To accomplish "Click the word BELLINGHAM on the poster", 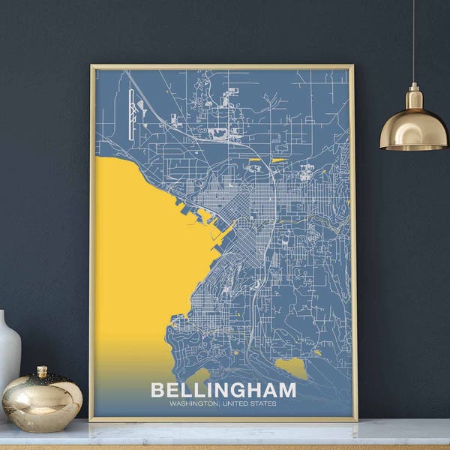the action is pos(223,390).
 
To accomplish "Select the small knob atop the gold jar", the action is pos(42,371).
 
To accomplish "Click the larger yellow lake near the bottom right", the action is pos(292,367).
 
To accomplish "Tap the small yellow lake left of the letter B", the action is pos(199,374).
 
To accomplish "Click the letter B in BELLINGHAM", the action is pos(157,390).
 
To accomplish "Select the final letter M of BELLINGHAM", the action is pos(287,390).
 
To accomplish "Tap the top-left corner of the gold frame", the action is pos(91,67).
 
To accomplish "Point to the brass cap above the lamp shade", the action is pos(413,97).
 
